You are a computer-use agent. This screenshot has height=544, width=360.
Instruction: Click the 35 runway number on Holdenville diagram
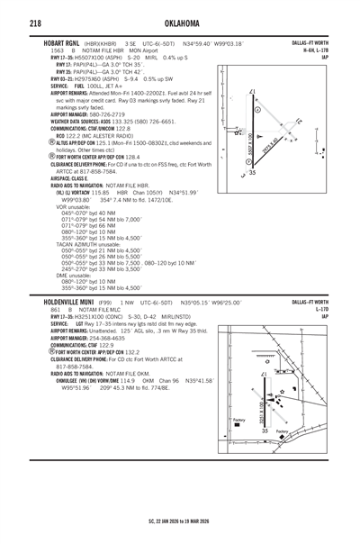(x=265, y=431)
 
